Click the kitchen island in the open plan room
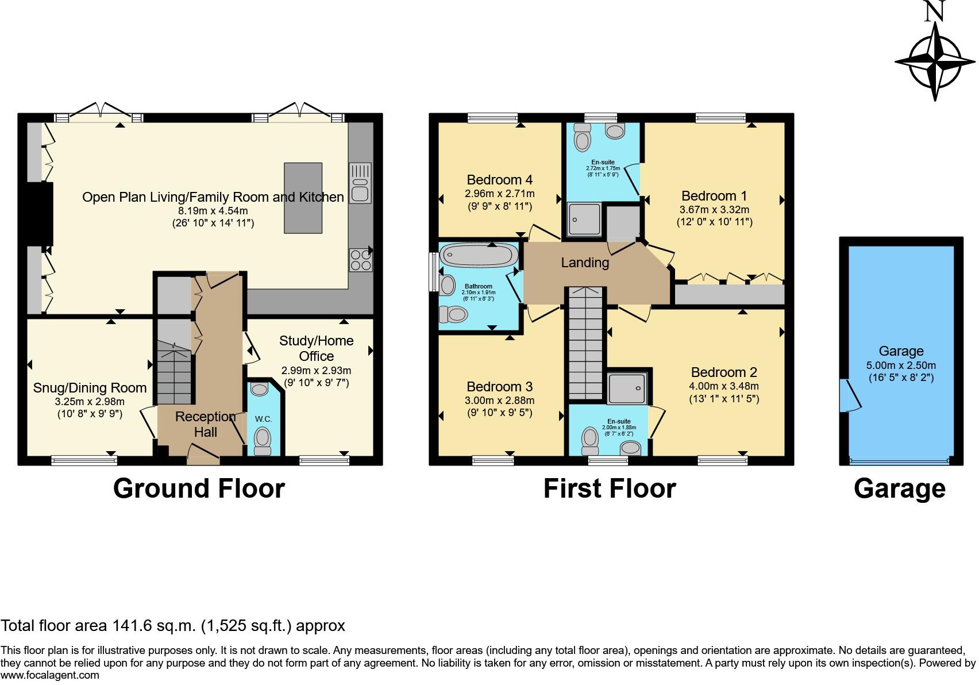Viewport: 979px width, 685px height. point(303,198)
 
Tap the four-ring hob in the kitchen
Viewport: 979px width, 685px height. point(360,260)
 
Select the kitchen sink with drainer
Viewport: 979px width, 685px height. point(360,183)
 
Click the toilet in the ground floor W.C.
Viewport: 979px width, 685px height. point(263,439)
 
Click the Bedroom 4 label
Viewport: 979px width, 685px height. point(500,180)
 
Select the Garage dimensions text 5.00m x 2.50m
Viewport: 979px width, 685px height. point(901,365)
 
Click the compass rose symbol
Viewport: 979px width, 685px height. point(936,61)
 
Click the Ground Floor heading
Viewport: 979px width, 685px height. point(199,488)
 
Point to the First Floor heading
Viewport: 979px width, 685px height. point(610,488)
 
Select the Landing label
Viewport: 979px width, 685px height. point(585,263)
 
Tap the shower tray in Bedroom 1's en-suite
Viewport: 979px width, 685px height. point(584,219)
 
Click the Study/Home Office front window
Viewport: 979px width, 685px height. point(324,460)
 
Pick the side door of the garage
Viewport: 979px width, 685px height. point(847,395)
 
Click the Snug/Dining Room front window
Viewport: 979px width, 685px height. point(84,460)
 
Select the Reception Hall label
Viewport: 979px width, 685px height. point(205,424)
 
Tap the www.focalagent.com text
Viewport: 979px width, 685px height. point(50,675)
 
